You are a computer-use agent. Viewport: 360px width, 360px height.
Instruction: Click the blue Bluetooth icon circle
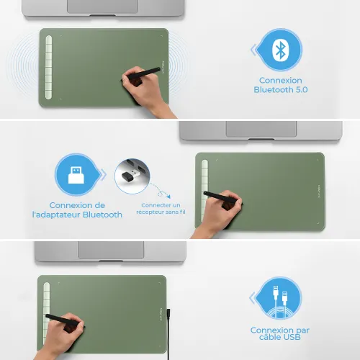pos(280,50)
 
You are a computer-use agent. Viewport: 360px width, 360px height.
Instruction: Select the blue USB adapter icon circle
pos(76,175)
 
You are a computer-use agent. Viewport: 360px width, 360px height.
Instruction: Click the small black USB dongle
pos(131,174)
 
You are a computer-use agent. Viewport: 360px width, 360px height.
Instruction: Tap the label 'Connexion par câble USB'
pos(281,334)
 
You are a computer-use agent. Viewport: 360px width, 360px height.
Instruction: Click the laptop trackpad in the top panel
pos(102,6)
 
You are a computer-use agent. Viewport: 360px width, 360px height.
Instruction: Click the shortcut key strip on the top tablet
pos(50,67)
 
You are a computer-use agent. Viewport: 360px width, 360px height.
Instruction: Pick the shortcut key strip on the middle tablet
pos(205,189)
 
